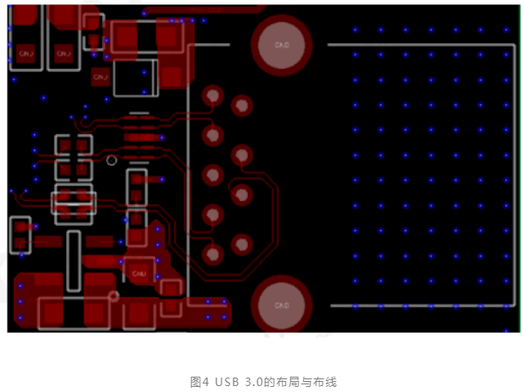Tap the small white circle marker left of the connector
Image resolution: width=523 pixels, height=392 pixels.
coord(111,160)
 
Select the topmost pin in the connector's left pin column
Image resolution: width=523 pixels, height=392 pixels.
coord(212,97)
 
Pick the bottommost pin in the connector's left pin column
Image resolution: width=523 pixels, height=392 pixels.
coord(212,253)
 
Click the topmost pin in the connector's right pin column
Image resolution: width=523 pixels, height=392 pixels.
coord(243,107)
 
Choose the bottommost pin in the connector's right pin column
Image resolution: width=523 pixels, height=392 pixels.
coord(242,244)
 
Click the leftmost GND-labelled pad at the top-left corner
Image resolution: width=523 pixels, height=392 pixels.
coord(26,52)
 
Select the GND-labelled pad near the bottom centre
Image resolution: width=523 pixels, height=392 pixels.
coord(140,274)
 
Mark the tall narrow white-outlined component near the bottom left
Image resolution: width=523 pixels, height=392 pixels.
coord(74,260)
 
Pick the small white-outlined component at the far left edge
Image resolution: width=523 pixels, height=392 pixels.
coord(21,235)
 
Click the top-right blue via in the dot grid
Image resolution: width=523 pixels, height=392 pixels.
coord(505,30)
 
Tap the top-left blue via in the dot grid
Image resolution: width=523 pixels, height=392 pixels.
coord(356,30)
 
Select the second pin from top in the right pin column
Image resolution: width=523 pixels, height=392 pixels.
coord(243,155)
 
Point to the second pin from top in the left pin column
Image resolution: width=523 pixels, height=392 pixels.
coord(212,136)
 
